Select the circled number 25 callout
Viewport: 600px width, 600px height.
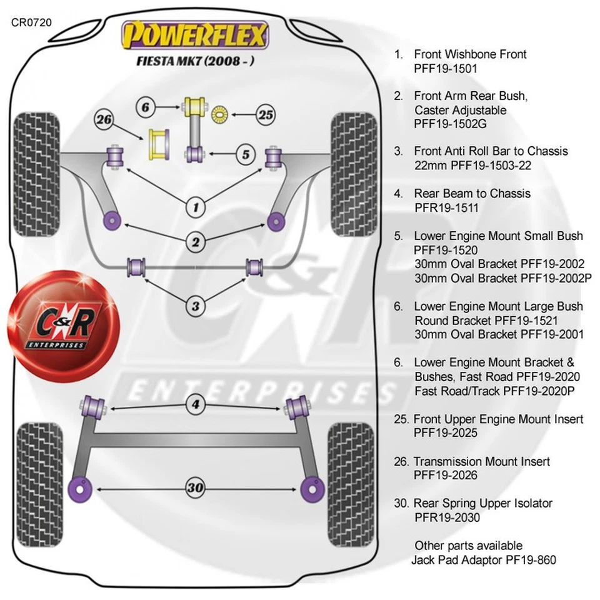pyautogui.click(x=266, y=114)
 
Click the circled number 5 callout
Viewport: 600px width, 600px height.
pyautogui.click(x=246, y=154)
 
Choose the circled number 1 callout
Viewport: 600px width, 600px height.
pyautogui.click(x=196, y=206)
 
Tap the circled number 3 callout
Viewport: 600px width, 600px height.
pyautogui.click(x=196, y=306)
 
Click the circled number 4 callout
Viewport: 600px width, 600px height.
pyautogui.click(x=196, y=406)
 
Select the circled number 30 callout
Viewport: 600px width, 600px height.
pyautogui.click(x=196, y=487)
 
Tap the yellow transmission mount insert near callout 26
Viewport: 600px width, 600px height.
pyautogui.click(x=158, y=143)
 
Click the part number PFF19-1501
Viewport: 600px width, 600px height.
pyautogui.click(x=445, y=69)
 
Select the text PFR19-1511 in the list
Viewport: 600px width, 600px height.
pyautogui.click(x=446, y=207)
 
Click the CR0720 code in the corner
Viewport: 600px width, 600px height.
pyautogui.click(x=31, y=22)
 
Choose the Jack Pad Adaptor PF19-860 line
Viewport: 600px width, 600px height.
pyautogui.click(x=483, y=560)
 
